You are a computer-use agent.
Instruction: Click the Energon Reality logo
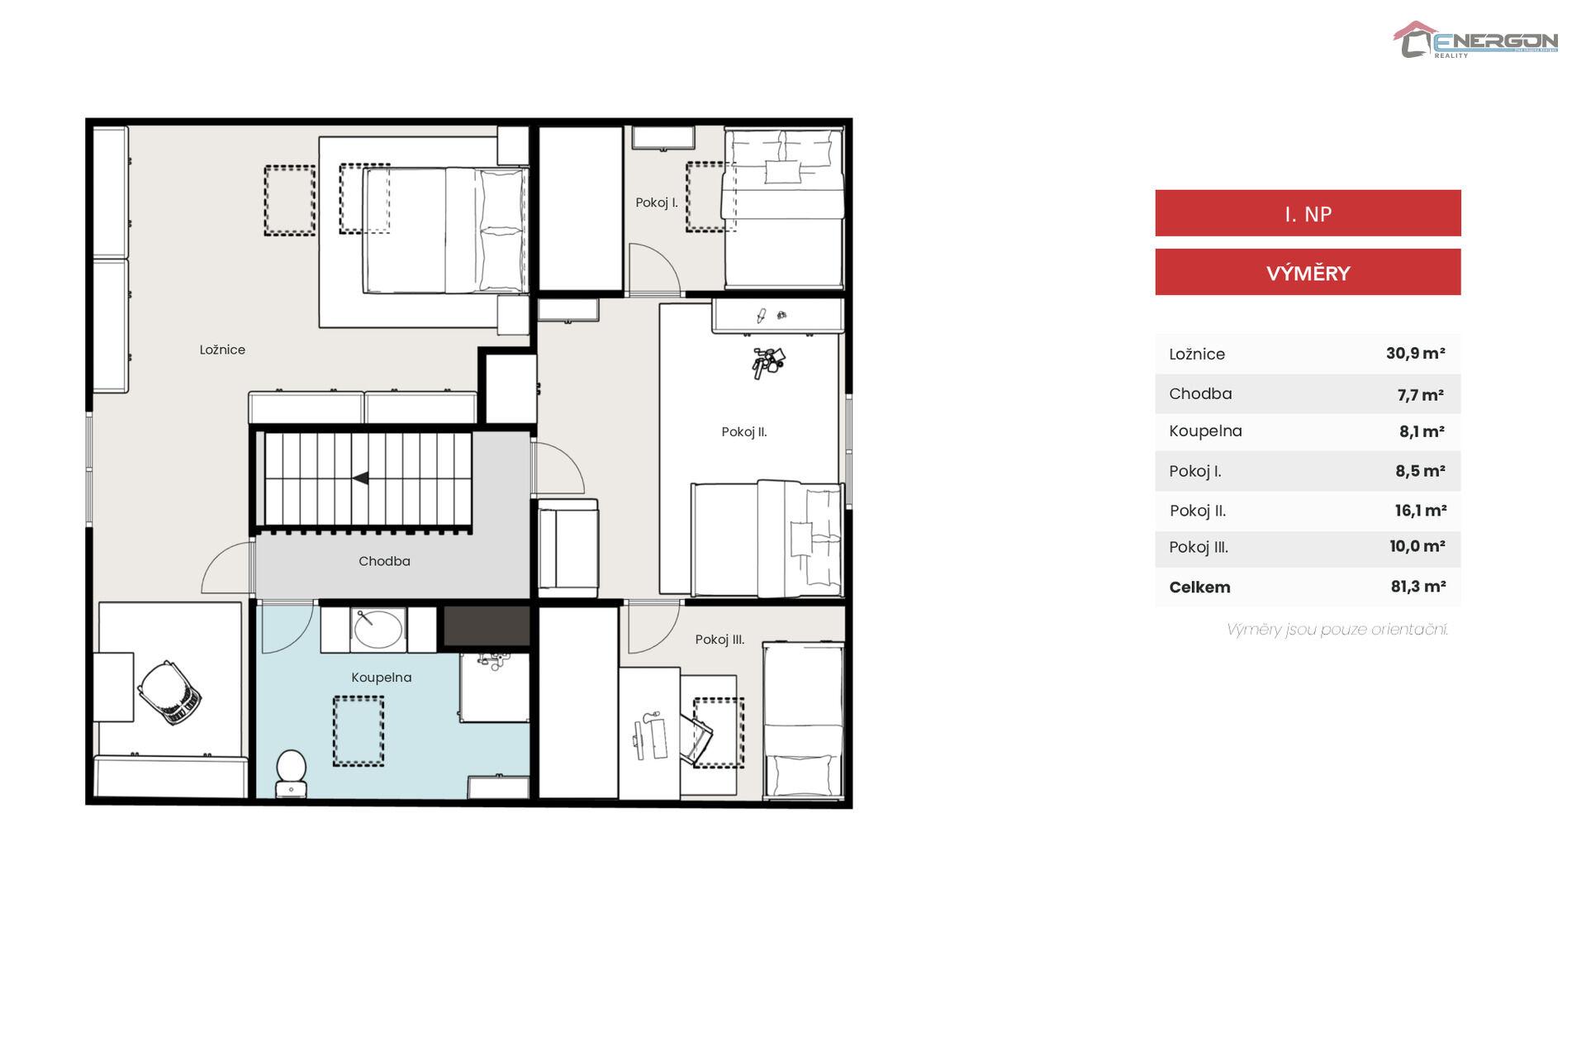pos(1475,40)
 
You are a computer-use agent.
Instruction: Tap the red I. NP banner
pos(1308,213)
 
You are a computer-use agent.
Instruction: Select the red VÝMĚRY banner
pos(1308,272)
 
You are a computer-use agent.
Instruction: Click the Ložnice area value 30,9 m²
pos(1416,354)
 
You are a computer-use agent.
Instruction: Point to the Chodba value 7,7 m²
pos(1421,395)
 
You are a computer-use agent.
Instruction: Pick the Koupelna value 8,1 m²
pos(1422,431)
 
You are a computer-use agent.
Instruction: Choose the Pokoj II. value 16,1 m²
pos(1421,511)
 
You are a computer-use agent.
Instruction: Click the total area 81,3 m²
pos(1418,587)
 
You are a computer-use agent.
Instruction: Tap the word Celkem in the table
pos(1199,587)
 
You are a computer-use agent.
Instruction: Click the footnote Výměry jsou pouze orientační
pos(1337,630)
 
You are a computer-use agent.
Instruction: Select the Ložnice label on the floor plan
pos(222,350)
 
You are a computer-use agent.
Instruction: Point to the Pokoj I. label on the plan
pos(657,202)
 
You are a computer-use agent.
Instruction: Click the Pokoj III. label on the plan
pos(719,640)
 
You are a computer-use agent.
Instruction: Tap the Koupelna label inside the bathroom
pos(381,678)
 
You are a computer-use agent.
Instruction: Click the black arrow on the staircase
pos(361,478)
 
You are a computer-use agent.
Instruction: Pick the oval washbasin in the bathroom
pos(378,628)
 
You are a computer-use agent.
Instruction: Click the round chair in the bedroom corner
pos(170,692)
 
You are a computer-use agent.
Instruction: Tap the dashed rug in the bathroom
pos(359,730)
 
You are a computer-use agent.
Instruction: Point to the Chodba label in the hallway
pos(384,561)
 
